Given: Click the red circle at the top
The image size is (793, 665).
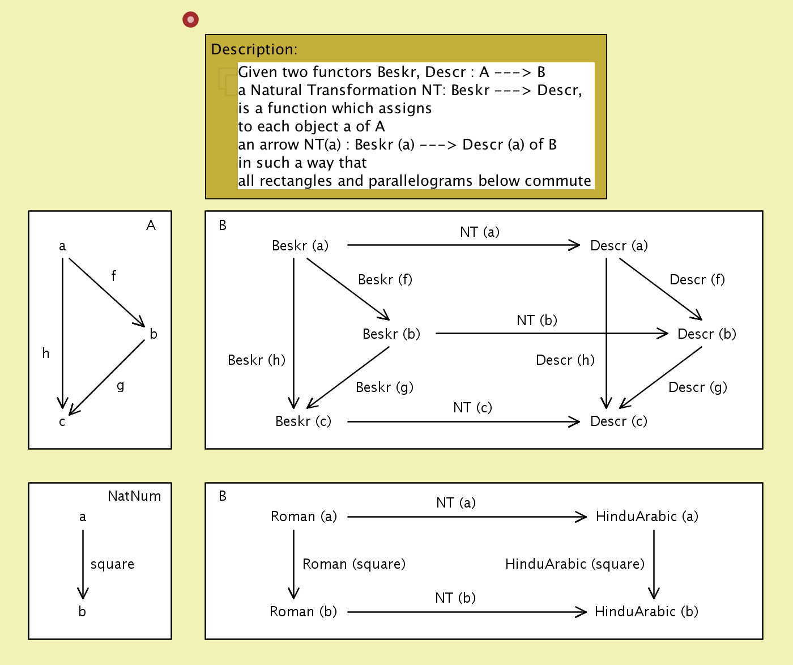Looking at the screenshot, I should pyautogui.click(x=190, y=20).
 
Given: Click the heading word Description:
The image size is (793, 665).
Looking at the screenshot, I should pyautogui.click(x=254, y=49).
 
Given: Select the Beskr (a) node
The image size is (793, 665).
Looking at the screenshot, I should pyautogui.click(x=300, y=245).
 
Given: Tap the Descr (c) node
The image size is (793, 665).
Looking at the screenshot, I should pyautogui.click(x=619, y=421).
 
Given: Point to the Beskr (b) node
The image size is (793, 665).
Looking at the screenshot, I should pyautogui.click(x=391, y=334).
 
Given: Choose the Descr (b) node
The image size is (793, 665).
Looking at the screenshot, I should pyautogui.click(x=707, y=334).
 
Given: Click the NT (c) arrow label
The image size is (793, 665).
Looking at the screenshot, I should pyautogui.click(x=472, y=407).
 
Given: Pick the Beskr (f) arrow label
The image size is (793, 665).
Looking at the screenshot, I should pyautogui.click(x=385, y=279).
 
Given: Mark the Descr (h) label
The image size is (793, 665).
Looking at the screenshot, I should pyautogui.click(x=565, y=360).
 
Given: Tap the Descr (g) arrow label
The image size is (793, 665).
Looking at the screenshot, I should pyautogui.click(x=698, y=387).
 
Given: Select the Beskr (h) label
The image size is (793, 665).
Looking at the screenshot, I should pyautogui.click(x=257, y=360).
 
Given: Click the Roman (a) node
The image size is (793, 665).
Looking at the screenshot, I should pyautogui.click(x=304, y=516).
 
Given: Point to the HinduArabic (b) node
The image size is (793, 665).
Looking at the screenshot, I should pyautogui.click(x=646, y=611).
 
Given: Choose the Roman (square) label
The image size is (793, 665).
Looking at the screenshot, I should pyautogui.click(x=354, y=564).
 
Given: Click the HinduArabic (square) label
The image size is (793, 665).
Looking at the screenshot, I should pyautogui.click(x=575, y=564).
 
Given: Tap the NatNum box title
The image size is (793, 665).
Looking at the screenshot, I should pyautogui.click(x=134, y=496).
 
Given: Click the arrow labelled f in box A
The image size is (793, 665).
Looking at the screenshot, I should pyautogui.click(x=106, y=292).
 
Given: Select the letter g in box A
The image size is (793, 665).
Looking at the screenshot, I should pyautogui.click(x=121, y=386).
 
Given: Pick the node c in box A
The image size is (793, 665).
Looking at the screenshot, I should pyautogui.click(x=62, y=421).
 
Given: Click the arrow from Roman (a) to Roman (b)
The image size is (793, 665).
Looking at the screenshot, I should pyautogui.click(x=293, y=564).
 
